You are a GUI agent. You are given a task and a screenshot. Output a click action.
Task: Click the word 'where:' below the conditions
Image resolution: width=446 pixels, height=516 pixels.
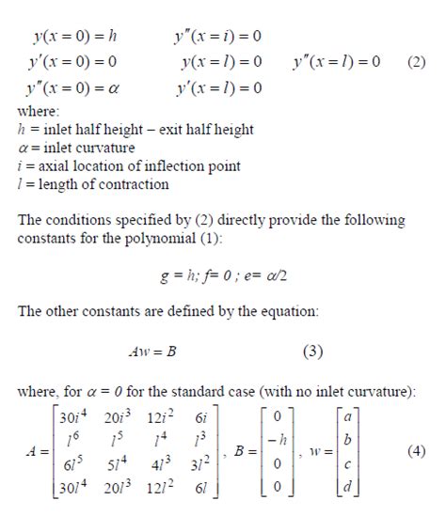coord(40,111)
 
